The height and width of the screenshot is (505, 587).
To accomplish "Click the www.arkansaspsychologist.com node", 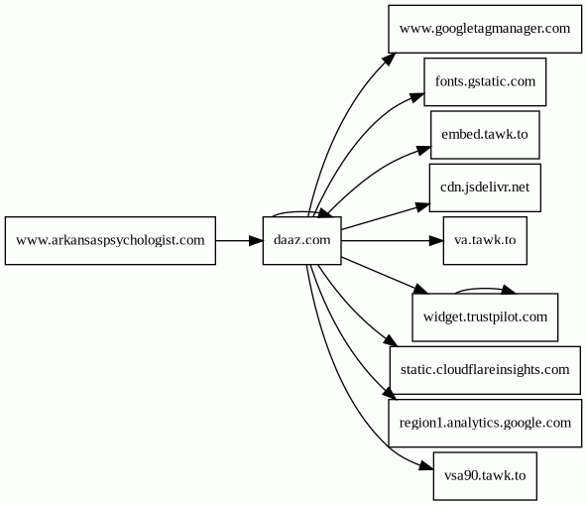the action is [110, 240].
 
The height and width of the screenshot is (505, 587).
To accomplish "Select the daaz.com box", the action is [302, 240].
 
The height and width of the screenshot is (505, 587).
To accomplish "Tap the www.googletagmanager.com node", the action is [485, 29].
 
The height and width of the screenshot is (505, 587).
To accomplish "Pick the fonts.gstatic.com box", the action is [485, 81].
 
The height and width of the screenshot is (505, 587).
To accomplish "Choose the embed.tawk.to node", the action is [485, 135].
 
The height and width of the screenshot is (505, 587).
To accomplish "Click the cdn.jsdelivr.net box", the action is [485, 188].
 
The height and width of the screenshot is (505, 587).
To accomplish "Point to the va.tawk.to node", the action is [485, 240].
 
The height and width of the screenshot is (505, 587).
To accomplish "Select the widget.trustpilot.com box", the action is [485, 317].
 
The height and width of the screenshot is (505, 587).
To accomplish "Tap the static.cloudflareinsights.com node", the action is [485, 370].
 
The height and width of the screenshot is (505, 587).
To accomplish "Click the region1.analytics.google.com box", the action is [485, 423].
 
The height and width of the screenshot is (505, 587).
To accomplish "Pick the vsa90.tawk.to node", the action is [485, 476].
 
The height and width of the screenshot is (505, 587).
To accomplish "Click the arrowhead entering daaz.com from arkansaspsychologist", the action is [257, 240].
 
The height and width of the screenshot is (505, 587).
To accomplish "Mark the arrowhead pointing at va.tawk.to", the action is [436, 240].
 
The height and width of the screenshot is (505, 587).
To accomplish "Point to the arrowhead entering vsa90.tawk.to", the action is [426, 466].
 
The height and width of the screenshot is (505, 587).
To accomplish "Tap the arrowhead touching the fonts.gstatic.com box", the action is [417, 96].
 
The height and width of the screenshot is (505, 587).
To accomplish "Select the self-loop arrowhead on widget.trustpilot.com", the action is [509, 290].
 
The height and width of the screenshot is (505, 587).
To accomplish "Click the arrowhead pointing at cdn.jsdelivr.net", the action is [422, 207].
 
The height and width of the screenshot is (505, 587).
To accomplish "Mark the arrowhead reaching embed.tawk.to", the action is [424, 150].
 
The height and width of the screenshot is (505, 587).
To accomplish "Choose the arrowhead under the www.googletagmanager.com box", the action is [390, 60].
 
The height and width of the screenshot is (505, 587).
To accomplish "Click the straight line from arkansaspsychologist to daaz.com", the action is [232, 240].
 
